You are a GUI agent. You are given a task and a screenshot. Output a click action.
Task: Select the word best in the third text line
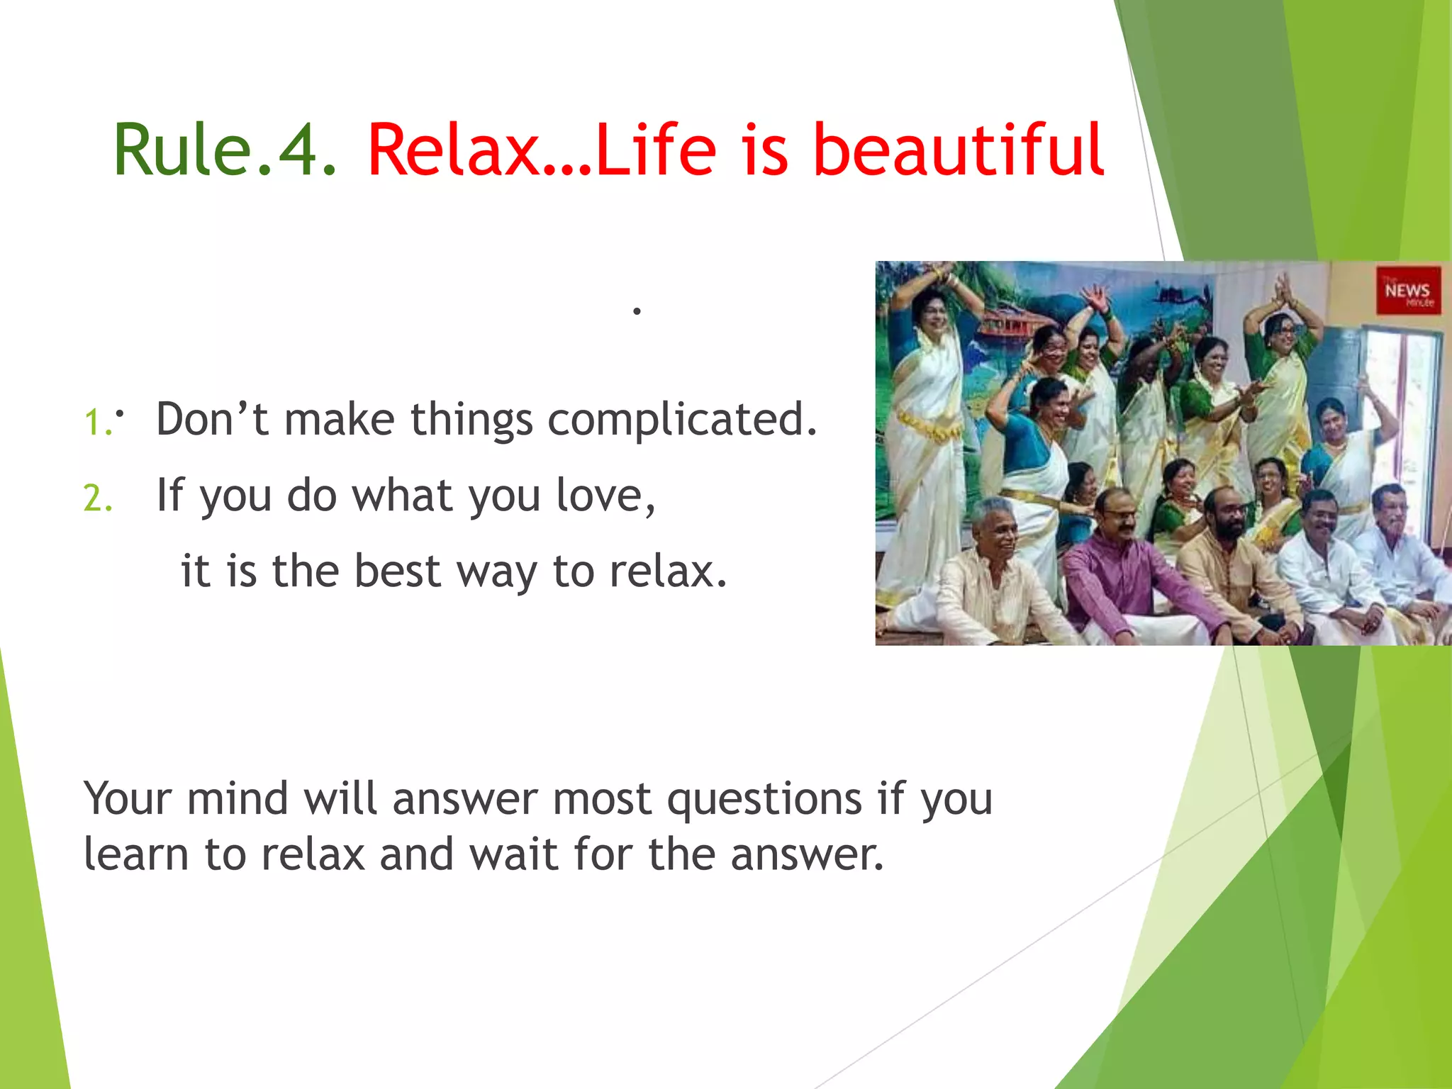(x=397, y=571)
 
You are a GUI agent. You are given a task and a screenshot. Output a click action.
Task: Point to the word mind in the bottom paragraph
(x=237, y=799)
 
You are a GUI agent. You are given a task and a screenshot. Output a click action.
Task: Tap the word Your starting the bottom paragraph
(x=128, y=799)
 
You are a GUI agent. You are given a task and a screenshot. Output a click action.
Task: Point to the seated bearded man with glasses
(x=1230, y=560)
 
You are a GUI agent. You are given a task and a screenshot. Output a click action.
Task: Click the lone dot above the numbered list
(x=637, y=311)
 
